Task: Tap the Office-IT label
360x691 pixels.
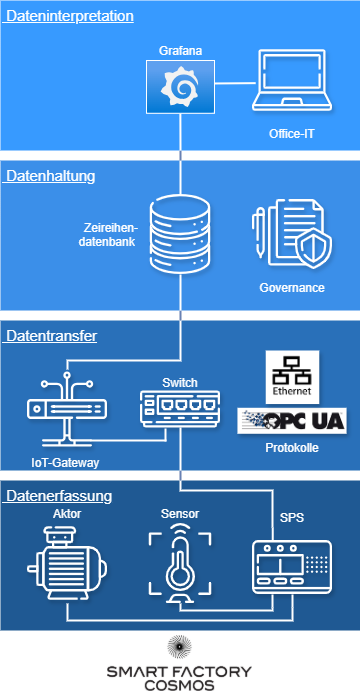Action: click(x=291, y=133)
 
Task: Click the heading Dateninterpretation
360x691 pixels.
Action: click(x=69, y=16)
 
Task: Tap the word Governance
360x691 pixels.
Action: click(x=291, y=287)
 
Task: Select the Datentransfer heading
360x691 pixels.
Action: click(x=51, y=336)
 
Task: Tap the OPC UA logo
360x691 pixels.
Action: click(x=292, y=421)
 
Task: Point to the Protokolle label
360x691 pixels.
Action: click(x=292, y=448)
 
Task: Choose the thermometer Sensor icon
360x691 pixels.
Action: click(x=180, y=567)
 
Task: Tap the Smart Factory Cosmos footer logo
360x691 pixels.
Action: click(x=180, y=676)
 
